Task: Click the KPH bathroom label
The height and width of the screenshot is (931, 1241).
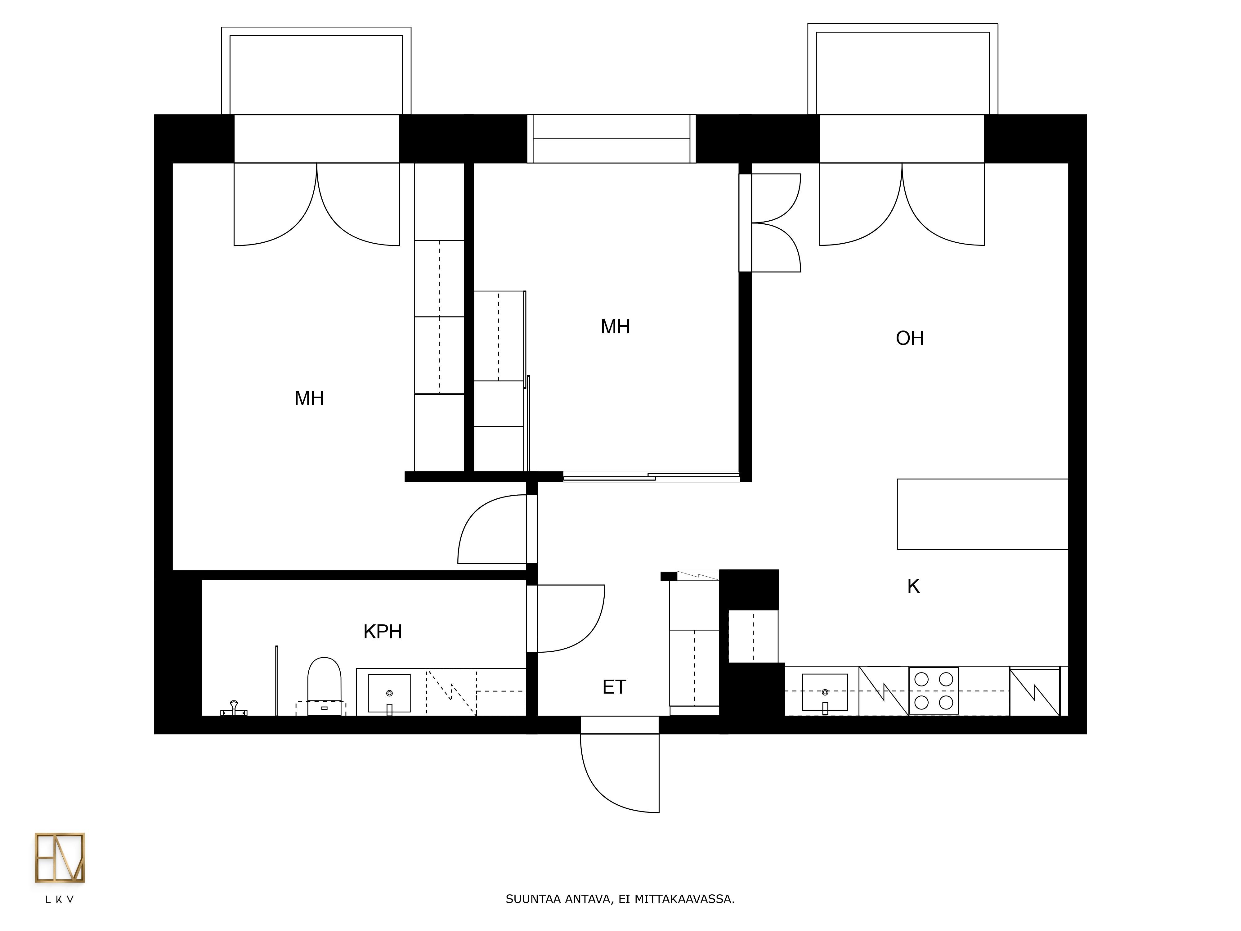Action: [x=383, y=632]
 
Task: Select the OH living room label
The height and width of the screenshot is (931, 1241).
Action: [x=909, y=338]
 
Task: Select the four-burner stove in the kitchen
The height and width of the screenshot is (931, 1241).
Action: [x=934, y=691]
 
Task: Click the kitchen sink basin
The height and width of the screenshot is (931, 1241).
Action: [x=825, y=692]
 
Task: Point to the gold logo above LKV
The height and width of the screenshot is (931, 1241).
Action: [x=60, y=857]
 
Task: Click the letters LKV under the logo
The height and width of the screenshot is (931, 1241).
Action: [x=60, y=900]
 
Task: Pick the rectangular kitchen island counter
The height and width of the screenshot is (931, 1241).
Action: [x=982, y=514]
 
